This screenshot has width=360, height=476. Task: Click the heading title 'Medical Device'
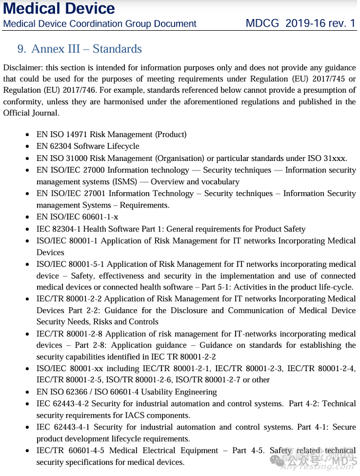[59, 8]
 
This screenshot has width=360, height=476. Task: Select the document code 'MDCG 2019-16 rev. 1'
[301, 23]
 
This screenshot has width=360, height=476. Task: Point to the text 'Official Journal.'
[31, 113]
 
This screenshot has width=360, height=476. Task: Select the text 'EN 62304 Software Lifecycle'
[88, 146]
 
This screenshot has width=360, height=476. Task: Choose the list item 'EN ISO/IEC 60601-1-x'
[77, 217]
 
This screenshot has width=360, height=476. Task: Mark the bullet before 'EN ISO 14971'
[28, 135]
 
